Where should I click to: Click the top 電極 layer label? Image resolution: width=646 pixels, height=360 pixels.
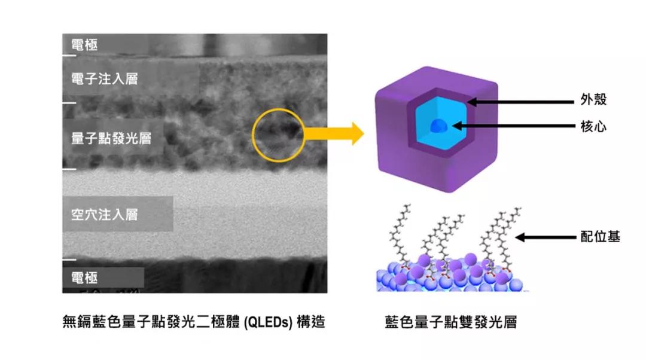(x=84, y=44)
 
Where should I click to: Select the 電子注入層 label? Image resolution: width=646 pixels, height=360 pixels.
(x=104, y=79)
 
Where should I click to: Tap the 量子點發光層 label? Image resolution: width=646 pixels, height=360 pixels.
(x=111, y=138)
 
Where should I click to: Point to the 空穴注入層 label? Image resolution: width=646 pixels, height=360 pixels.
(x=104, y=214)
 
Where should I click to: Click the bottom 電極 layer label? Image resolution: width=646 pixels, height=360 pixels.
(x=84, y=277)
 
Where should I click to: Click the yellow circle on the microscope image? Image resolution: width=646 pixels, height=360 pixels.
(x=252, y=135)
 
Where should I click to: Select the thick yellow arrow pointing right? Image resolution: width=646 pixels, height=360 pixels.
(x=334, y=134)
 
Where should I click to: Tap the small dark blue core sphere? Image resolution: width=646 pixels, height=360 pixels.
(x=437, y=126)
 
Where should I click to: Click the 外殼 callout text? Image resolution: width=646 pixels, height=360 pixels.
(x=594, y=99)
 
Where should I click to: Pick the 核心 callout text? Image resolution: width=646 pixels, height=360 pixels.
(x=594, y=126)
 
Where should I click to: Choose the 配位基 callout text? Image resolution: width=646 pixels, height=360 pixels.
(x=601, y=236)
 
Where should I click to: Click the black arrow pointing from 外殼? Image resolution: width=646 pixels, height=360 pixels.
(x=521, y=102)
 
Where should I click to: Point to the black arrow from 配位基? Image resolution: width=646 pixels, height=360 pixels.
(x=546, y=237)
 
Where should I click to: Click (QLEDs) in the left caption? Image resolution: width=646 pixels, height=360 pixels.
(x=268, y=322)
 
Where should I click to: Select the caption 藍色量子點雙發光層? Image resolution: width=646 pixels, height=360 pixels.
(x=451, y=322)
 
